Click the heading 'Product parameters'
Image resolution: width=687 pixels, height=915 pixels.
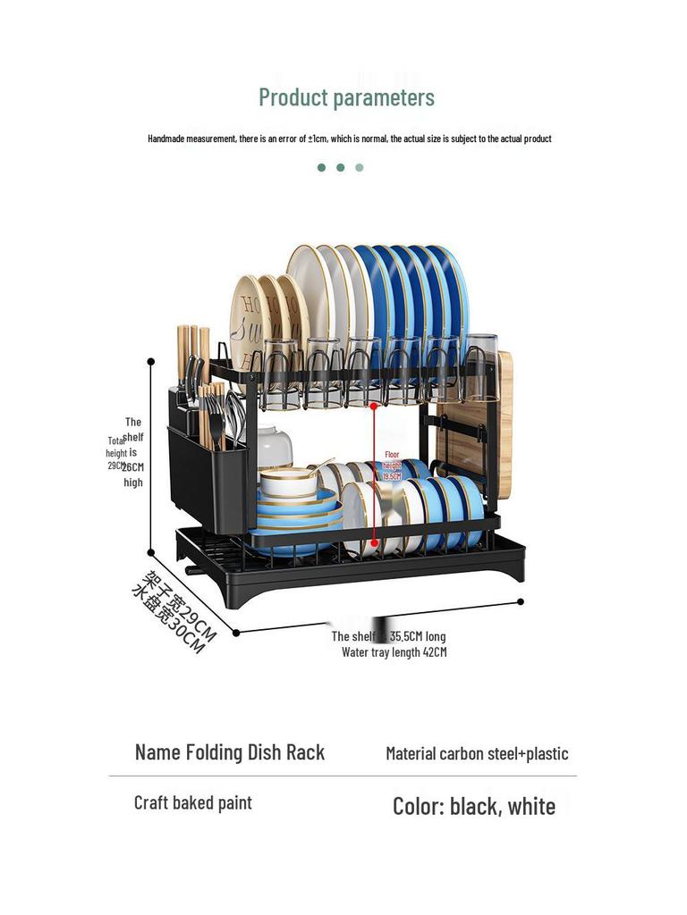pyautogui.click(x=346, y=97)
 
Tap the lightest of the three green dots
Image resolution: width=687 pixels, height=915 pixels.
pyautogui.click(x=360, y=167)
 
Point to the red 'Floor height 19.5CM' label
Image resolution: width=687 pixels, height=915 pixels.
pyautogui.click(x=392, y=466)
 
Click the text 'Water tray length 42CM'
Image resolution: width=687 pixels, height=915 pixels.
pyautogui.click(x=394, y=652)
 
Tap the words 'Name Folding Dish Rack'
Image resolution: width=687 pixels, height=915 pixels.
pyautogui.click(x=230, y=752)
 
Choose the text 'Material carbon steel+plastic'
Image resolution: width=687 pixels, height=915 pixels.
pyautogui.click(x=477, y=753)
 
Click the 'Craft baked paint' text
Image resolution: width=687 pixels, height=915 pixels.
pyautogui.click(x=193, y=802)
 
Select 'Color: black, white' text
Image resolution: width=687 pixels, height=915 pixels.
pyautogui.click(x=474, y=806)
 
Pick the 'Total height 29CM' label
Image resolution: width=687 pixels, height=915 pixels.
pyautogui.click(x=116, y=453)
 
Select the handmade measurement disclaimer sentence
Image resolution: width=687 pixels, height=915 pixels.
pyautogui.click(x=349, y=139)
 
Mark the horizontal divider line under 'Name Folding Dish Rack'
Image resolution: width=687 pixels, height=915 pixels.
pyautogui.click(x=343, y=776)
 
